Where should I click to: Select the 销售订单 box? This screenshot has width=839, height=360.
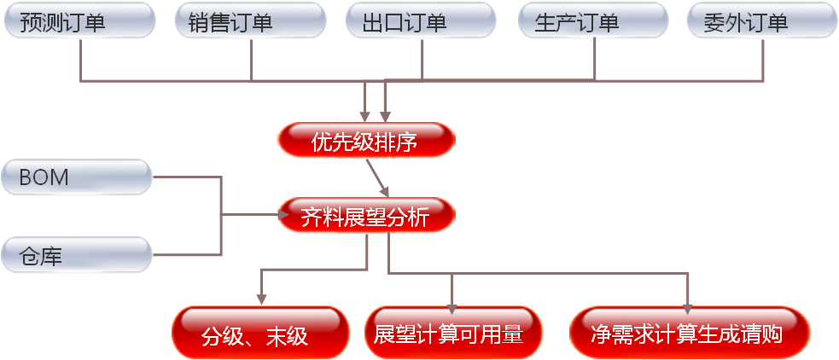click(250, 20)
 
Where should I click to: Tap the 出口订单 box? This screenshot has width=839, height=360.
click(422, 20)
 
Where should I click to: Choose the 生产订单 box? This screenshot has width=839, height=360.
click(593, 20)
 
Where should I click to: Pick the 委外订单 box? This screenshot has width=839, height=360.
click(762, 20)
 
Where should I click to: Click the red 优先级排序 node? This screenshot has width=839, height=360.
click(365, 141)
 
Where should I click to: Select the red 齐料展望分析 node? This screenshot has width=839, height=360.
click(365, 216)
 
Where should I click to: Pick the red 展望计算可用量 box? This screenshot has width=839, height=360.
click(453, 333)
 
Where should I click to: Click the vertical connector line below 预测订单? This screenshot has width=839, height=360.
click(80, 60)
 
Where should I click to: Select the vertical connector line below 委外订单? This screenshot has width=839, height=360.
click(763, 60)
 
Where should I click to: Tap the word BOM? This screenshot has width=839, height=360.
click(44, 177)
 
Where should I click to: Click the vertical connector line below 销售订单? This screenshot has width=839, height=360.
click(252, 60)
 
